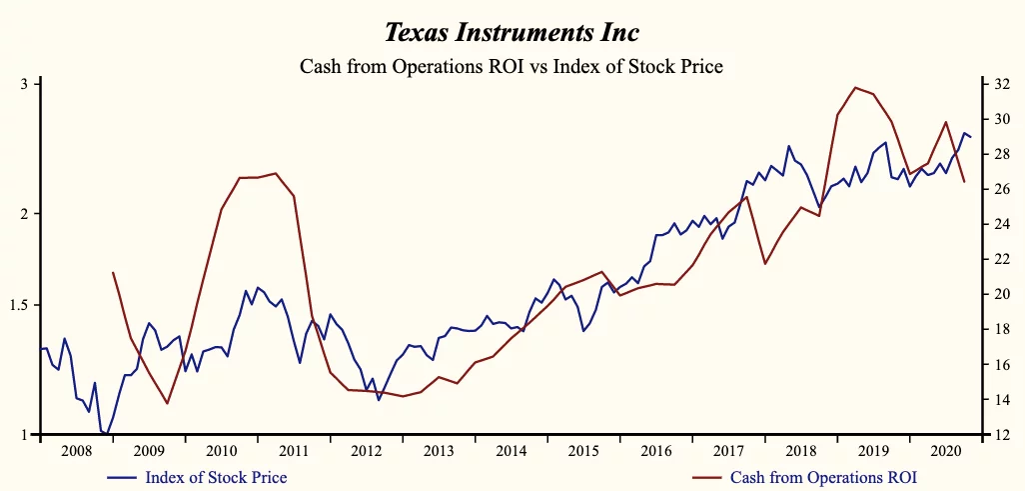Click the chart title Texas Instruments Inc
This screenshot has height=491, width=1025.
click(512, 32)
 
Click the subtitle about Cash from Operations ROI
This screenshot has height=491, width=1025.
click(512, 67)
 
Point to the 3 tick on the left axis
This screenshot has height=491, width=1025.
click(25, 84)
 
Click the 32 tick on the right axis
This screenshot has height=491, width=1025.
click(1000, 84)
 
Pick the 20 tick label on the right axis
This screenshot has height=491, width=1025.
click(1000, 294)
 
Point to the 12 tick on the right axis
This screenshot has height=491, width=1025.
click(1000, 435)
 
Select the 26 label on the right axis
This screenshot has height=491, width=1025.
click(1000, 189)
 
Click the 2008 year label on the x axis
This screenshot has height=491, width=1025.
click(76, 451)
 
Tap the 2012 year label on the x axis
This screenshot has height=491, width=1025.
click(366, 451)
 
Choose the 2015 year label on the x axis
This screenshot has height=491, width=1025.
click(583, 451)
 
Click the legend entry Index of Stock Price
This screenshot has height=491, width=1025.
click(216, 477)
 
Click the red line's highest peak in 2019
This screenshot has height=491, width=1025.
click(855, 87)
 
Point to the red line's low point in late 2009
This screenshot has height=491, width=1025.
click(167, 403)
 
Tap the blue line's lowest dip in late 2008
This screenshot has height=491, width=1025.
click(107, 434)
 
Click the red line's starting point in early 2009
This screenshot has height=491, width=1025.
click(113, 272)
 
